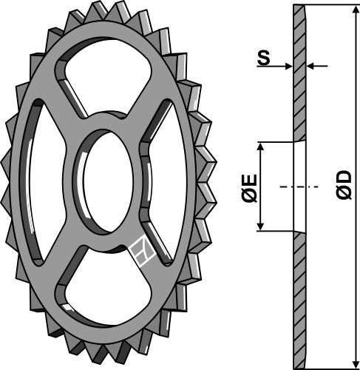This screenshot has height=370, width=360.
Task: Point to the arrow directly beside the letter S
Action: click(x=285, y=67)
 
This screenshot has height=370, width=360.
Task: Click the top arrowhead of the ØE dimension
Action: click(x=259, y=147)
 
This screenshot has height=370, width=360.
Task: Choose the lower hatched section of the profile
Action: click(x=299, y=296)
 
